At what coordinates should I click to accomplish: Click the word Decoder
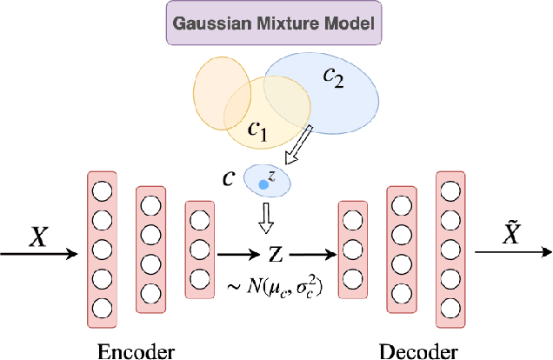[418, 351]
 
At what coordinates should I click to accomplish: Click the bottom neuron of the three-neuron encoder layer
[199, 280]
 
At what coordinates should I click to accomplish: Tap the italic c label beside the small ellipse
[228, 178]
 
